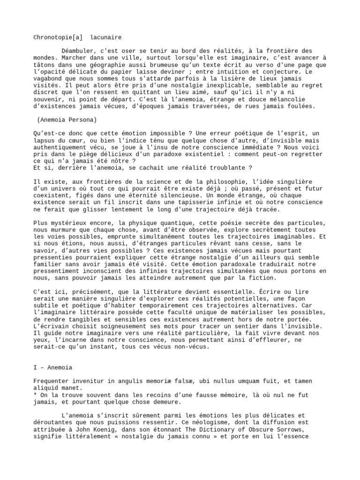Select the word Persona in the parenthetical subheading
click(x=81, y=119)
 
